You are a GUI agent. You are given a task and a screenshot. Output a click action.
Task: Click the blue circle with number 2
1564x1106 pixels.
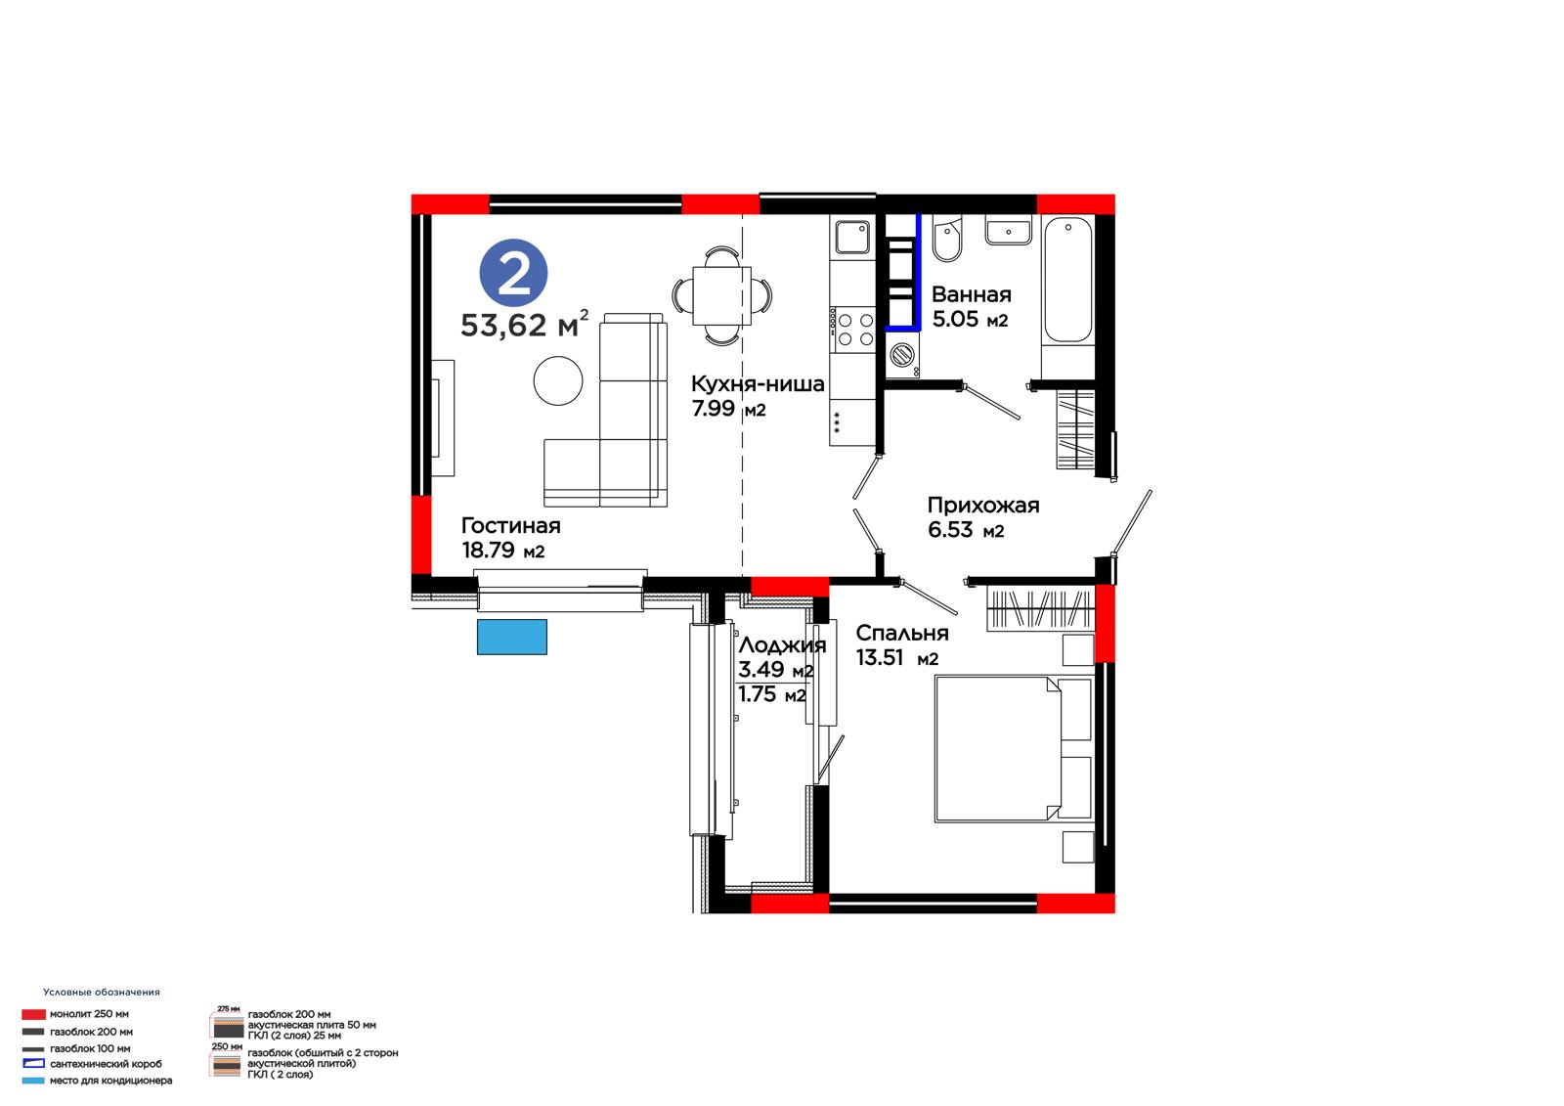513,273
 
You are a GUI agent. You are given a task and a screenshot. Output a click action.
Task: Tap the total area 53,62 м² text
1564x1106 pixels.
524,325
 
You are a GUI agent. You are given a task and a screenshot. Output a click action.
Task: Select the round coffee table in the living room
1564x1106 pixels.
558,380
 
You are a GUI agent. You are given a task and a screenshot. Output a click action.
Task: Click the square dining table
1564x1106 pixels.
722,296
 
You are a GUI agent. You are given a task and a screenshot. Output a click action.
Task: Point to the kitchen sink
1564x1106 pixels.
852,237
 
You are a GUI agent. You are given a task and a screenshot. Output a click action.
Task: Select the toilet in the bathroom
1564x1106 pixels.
947,239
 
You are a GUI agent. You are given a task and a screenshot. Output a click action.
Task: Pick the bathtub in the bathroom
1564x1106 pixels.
1067,280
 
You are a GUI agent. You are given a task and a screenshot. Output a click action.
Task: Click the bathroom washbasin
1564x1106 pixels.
1008,231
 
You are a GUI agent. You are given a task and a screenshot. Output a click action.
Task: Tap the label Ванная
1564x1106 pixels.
972,294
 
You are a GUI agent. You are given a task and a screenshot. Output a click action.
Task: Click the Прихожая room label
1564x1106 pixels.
983,505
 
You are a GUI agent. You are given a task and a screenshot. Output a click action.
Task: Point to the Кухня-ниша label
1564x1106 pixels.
758,383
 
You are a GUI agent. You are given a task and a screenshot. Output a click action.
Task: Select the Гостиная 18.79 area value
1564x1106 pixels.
502,551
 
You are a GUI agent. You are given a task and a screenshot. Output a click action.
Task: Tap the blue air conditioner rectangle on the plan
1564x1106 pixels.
512,638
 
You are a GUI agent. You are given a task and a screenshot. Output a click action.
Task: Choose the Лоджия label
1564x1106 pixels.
782,644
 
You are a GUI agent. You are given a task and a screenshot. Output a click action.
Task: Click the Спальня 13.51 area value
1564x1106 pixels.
897,658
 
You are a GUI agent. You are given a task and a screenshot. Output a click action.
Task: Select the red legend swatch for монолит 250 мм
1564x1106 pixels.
33,1014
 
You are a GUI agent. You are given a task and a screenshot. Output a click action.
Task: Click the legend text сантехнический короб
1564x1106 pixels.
107,1064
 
